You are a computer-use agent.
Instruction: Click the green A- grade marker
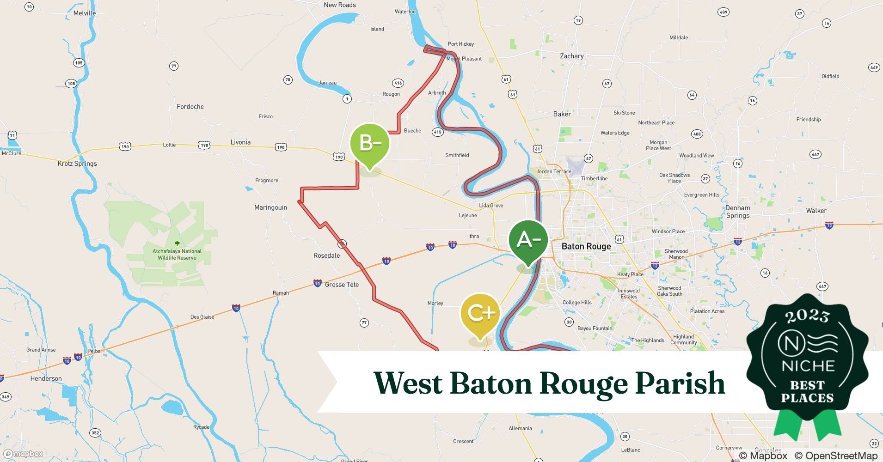click(x=528, y=240)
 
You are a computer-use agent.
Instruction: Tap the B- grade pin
click(x=369, y=143)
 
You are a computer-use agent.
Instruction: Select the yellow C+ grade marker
click(x=481, y=313)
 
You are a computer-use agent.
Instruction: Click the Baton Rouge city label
click(x=586, y=246)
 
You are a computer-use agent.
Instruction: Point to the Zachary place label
click(x=571, y=56)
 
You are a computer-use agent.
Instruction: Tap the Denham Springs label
click(x=737, y=212)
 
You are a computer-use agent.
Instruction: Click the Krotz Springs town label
click(x=77, y=164)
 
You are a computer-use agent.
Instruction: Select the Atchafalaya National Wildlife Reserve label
click(x=177, y=254)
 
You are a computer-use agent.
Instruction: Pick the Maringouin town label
click(x=270, y=207)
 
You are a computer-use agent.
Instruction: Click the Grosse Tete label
click(x=342, y=285)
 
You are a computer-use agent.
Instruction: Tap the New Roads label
click(x=340, y=5)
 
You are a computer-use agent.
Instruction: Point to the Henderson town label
click(x=46, y=378)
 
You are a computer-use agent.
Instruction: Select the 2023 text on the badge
click(x=807, y=316)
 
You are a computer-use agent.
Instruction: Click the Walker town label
click(x=816, y=211)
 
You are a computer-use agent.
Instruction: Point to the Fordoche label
click(x=190, y=107)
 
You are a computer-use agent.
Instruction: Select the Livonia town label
click(x=240, y=142)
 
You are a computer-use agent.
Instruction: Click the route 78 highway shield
click(x=288, y=80)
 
